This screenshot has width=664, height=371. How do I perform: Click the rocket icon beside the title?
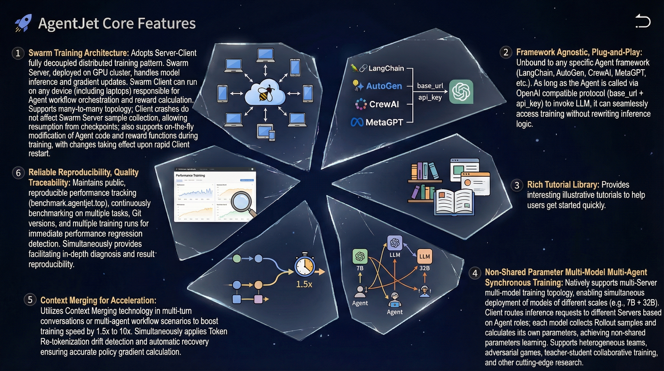(x=23, y=23)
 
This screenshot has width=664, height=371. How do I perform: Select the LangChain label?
(x=386, y=68)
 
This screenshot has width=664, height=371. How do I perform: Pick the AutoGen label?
(x=384, y=86)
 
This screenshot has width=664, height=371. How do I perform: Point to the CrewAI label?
(x=384, y=104)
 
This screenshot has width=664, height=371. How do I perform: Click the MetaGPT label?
(x=384, y=122)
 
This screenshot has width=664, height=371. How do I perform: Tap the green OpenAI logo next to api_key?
(x=461, y=92)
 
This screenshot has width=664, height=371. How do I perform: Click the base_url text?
(x=430, y=86)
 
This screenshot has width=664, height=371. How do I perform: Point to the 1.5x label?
(x=304, y=284)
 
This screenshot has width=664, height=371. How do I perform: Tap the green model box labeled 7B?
(x=360, y=257)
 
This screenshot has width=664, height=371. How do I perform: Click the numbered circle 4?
(x=475, y=273)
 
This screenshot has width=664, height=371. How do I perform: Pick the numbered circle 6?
(x=18, y=173)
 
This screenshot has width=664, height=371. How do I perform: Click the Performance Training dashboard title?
(x=190, y=175)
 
